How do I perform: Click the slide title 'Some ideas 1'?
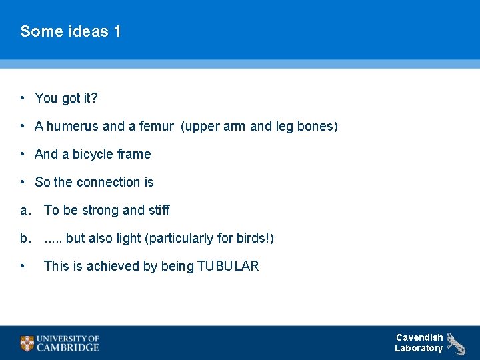click(x=71, y=31)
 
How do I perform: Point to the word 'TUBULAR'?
click(x=228, y=266)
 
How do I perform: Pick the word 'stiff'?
click(x=159, y=210)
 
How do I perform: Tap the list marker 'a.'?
click(x=25, y=210)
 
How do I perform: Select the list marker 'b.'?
click(x=25, y=238)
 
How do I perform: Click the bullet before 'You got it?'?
click(x=23, y=98)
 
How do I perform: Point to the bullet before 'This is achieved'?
click(x=23, y=266)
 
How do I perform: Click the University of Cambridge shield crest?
click(x=27, y=343)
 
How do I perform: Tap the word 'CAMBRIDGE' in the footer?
click(x=68, y=347)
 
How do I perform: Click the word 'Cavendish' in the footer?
click(x=419, y=337)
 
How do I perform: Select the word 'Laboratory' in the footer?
click(x=419, y=348)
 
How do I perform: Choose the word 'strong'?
click(x=101, y=210)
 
